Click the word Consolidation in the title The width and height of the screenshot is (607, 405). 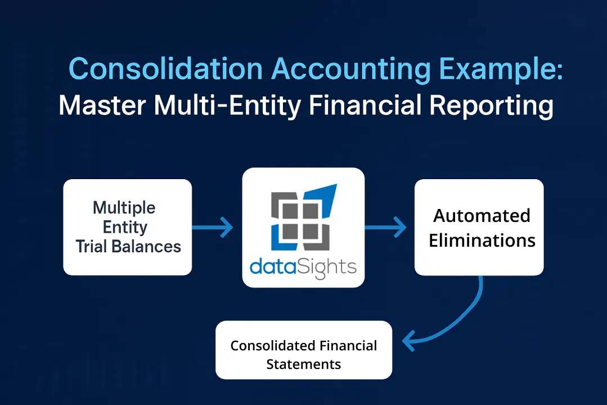[x=165, y=69]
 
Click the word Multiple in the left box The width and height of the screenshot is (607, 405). [x=124, y=207]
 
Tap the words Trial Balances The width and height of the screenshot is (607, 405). [x=128, y=246]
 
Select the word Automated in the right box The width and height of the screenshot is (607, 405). [x=482, y=215]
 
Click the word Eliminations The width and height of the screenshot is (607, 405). [x=482, y=241]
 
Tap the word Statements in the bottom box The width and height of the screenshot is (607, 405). [x=304, y=364]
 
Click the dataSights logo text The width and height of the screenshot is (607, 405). [x=303, y=266]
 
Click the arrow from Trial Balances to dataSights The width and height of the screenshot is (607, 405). [x=214, y=228]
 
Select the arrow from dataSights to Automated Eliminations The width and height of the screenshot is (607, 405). [x=387, y=228]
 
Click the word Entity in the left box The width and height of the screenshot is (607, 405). [x=124, y=227]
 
